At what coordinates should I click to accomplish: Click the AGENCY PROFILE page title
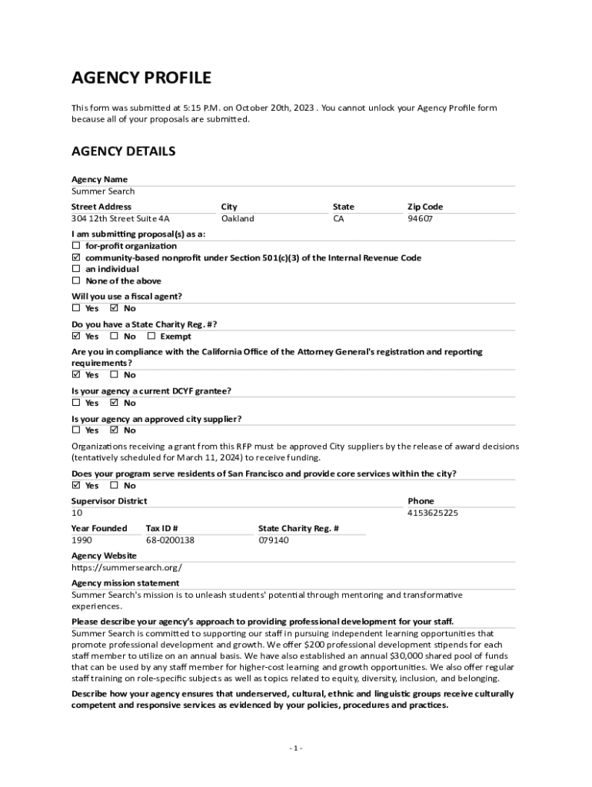pos(141,78)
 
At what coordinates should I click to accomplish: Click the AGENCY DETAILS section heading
pos(123,151)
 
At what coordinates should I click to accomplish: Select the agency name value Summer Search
pos(103,191)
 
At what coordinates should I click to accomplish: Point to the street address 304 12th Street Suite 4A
pos(121,218)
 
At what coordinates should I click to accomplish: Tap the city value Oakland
pos(237,218)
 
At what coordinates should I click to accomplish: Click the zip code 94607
pos(420,218)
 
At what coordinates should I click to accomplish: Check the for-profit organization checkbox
pos(76,246)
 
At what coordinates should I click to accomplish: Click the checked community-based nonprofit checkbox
pos(76,257)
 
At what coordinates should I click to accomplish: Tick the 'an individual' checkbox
pos(76,269)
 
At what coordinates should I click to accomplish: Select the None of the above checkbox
pos(76,281)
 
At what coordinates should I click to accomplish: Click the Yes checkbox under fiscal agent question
pos(76,308)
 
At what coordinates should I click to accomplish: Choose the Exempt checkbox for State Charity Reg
pos(151,336)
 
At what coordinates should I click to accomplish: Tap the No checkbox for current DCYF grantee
pos(115,402)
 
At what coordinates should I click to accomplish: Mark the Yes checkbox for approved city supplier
pos(76,430)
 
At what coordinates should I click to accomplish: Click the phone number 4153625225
pos(433,513)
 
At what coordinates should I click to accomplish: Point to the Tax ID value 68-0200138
pos(170,540)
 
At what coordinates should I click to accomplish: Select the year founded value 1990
pos(81,540)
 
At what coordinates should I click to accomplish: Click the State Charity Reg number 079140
pos(273,540)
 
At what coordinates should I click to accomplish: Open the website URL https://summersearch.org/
pos(127,568)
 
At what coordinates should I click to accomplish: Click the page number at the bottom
pos(296,748)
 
